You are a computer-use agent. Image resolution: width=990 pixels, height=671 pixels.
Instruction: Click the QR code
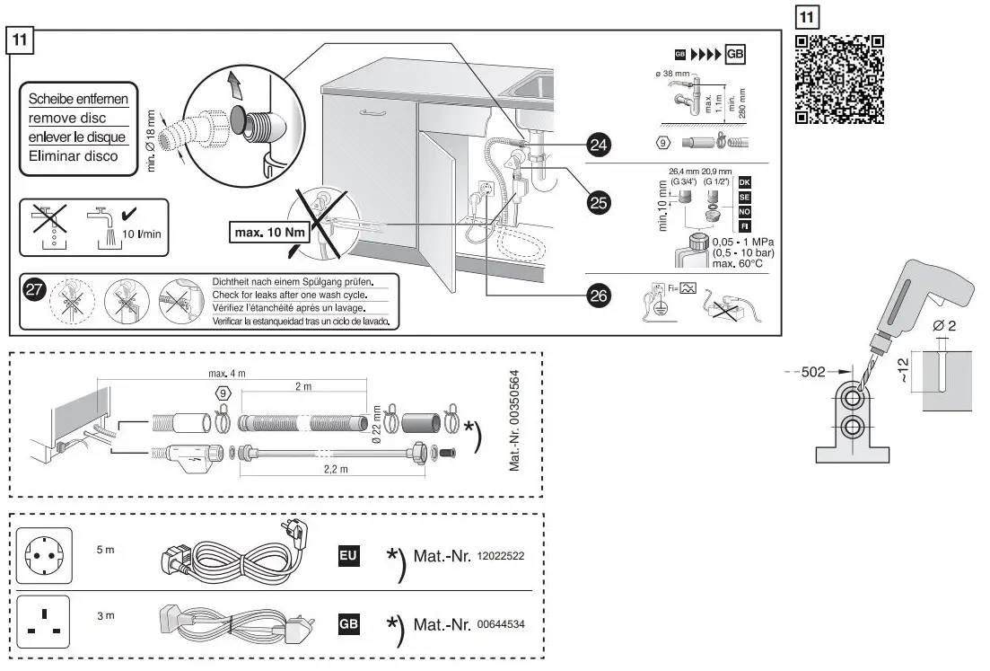[840, 79]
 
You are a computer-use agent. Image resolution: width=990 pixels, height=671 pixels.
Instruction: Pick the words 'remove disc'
[67, 118]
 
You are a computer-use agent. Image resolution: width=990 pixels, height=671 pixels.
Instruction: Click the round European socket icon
[44, 557]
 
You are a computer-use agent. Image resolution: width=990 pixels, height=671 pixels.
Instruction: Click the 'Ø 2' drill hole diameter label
[945, 324]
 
